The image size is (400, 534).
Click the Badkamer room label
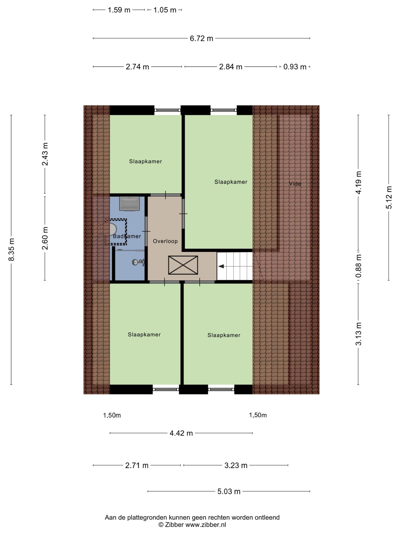click(127, 236)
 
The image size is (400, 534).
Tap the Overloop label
click(165, 241)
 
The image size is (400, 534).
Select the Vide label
click(295, 184)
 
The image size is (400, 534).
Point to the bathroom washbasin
click(129, 204)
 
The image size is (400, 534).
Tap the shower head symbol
click(138, 262)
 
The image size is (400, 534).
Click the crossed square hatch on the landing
click(183, 265)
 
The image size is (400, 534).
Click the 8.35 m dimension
click(11, 249)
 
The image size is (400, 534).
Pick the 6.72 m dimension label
click(201, 38)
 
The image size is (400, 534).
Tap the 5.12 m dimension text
click(389, 197)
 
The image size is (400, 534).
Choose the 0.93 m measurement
click(295, 67)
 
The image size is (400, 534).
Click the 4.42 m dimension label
click(181, 433)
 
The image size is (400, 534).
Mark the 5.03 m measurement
click(229, 491)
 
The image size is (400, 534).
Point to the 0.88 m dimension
click(359, 266)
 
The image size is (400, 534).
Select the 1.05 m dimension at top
click(165, 10)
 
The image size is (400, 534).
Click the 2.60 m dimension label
click(45, 238)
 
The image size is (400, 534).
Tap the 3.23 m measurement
click(236, 465)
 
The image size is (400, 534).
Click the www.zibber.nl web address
click(206, 525)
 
